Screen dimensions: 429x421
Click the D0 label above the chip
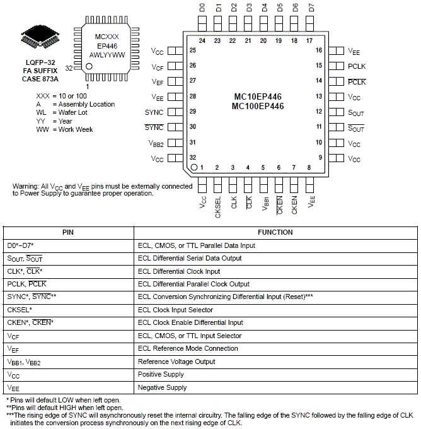[x=202, y=8]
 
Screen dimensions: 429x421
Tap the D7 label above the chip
[x=311, y=8]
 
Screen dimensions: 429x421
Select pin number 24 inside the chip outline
[x=202, y=40]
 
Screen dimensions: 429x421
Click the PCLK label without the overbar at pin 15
[x=356, y=66]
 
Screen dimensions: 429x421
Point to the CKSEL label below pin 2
[x=218, y=208]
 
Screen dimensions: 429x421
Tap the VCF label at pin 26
[x=158, y=67]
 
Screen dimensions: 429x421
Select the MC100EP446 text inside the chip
[x=258, y=107]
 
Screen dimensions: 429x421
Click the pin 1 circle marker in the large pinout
[x=195, y=167]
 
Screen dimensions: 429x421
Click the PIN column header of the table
[x=68, y=232]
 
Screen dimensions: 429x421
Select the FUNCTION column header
[x=275, y=232]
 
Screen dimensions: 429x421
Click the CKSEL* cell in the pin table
[x=20, y=310]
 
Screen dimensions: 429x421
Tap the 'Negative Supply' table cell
[x=163, y=387]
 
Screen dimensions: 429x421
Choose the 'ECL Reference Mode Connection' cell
[x=187, y=348]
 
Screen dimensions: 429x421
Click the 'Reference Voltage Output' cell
[x=176, y=361]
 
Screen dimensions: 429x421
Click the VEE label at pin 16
[x=354, y=50]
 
